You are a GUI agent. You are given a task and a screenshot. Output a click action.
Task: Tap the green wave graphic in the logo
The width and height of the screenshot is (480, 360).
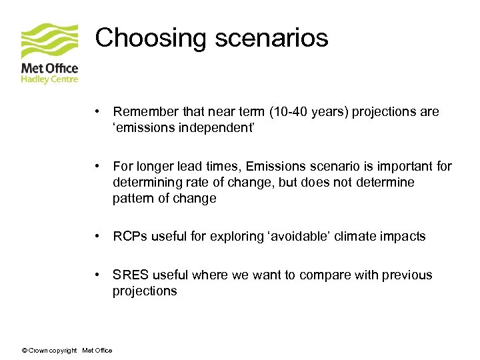point(49,41)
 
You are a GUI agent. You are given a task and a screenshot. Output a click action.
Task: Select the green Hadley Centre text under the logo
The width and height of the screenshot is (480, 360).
point(50,79)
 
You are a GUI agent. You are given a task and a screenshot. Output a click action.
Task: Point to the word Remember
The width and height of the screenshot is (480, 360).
point(143,111)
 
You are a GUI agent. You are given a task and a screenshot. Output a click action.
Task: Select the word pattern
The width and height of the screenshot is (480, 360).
point(132,198)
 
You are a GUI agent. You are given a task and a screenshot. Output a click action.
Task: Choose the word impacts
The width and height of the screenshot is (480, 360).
point(403,236)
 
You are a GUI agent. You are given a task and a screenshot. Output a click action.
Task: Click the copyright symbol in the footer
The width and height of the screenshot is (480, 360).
point(24,351)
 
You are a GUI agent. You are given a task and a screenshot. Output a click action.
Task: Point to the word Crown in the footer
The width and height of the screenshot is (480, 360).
point(37,351)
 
